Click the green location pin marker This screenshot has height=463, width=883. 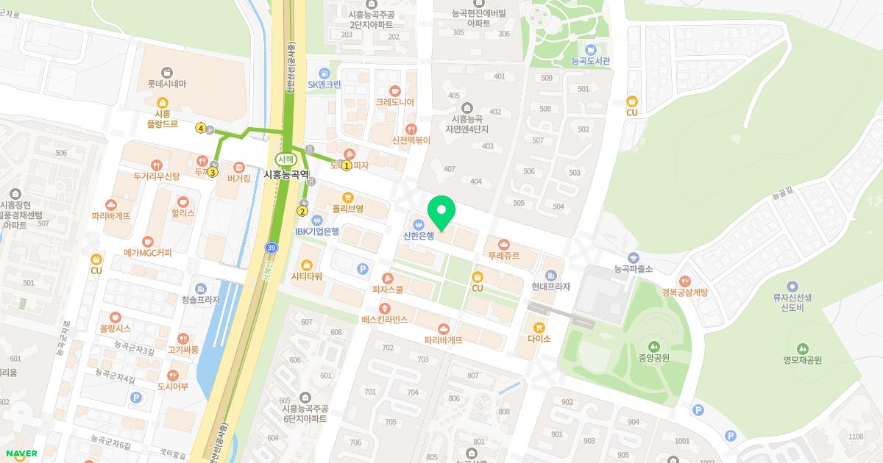441,212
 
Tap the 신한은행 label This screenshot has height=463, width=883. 419,236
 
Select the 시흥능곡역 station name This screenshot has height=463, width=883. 287,175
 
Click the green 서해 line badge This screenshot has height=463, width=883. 285,159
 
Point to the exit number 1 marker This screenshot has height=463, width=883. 346,165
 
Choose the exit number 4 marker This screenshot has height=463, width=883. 200,129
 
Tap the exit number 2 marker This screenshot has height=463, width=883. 302,211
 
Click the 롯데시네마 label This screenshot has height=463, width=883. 166,84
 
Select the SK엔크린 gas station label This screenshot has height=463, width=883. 325,84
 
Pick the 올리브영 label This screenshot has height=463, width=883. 347,209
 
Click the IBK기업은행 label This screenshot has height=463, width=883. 317,232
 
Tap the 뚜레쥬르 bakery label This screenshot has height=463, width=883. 504,256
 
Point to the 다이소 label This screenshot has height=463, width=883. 539,338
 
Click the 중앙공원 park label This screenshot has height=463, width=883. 653,359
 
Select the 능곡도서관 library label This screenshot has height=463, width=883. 591,61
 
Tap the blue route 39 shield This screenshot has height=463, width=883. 272,248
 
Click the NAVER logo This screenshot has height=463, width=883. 21,453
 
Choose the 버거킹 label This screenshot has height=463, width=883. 239,177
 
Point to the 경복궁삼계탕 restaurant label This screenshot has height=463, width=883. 684,292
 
